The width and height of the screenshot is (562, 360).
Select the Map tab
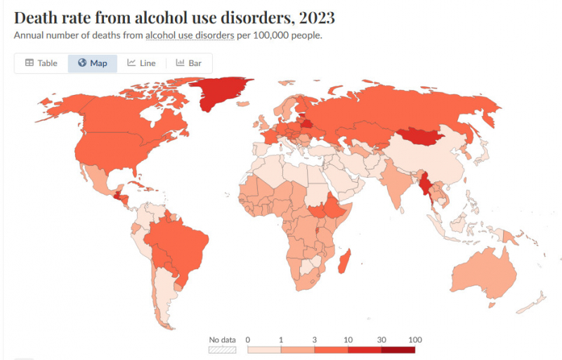[93, 63]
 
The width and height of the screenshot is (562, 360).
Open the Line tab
[141, 63]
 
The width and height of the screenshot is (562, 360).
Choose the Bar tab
[189, 63]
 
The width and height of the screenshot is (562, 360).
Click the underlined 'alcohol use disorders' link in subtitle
[189, 35]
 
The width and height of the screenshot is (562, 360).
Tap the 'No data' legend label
[223, 340]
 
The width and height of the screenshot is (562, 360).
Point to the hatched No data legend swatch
[223, 349]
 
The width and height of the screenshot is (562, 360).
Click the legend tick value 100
[415, 340]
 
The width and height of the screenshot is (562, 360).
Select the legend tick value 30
[381, 340]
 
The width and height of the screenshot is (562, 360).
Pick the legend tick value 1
[281, 340]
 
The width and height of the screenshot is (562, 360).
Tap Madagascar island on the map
[344, 266]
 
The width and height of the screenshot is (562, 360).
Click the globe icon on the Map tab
[82, 63]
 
